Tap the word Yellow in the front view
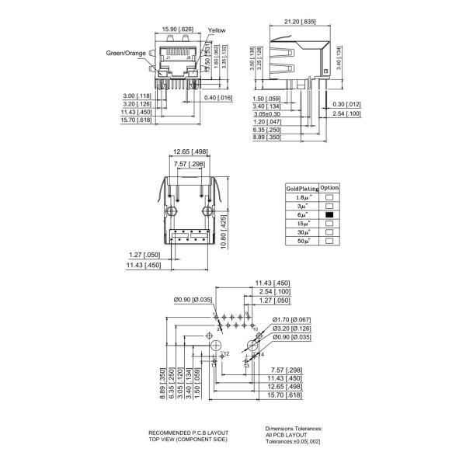(x=217, y=30)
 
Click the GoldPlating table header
(x=302, y=189)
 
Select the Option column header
(x=330, y=189)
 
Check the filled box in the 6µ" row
(x=329, y=214)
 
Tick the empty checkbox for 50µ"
(x=329, y=242)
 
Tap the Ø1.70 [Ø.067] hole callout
(x=291, y=320)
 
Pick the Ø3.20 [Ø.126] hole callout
(x=291, y=329)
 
